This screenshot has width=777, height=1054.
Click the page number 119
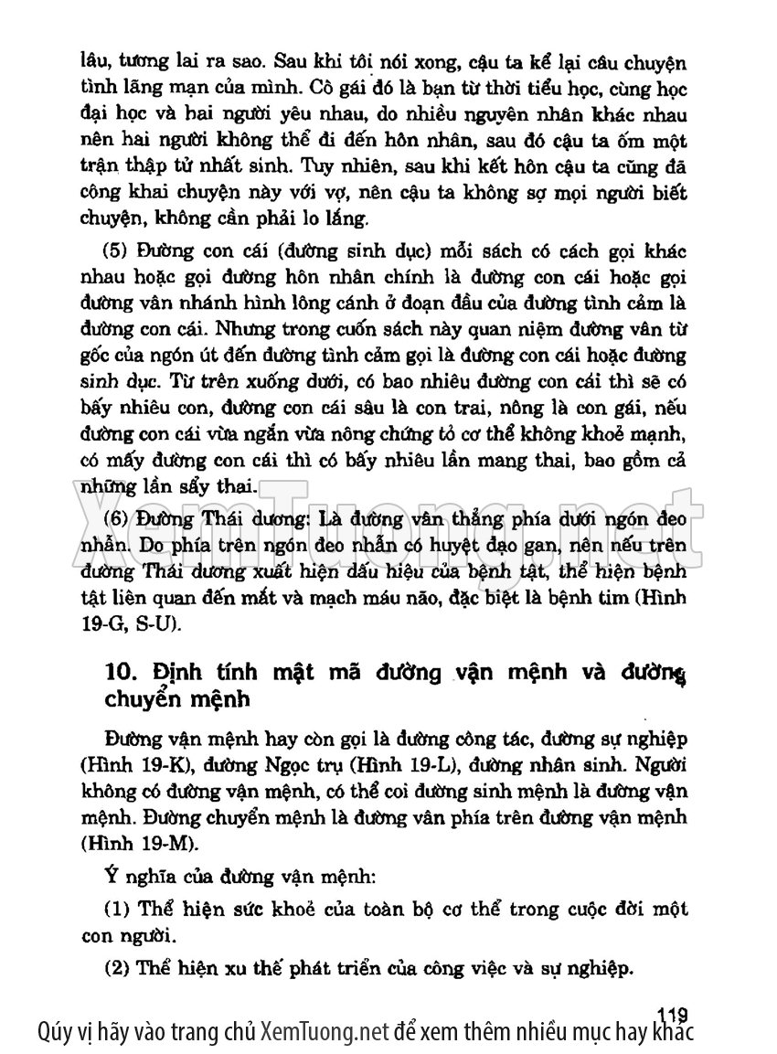point(672,1013)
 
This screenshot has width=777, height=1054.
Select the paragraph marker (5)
point(115,251)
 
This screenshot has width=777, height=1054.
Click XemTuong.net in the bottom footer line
point(325,1033)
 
